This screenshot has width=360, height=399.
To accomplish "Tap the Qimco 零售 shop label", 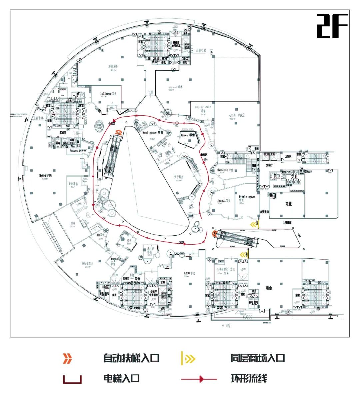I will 188,135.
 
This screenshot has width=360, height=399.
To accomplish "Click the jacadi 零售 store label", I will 224,200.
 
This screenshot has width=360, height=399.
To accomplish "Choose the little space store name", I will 247,197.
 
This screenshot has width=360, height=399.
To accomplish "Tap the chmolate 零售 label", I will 227,170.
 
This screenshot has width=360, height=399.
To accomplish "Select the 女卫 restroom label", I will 294,176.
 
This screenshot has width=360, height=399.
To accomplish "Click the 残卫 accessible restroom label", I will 273,195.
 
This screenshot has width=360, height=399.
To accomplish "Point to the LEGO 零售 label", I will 189,273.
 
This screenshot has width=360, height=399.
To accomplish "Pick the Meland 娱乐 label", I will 175,87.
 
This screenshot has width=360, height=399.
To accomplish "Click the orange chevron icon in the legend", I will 68,359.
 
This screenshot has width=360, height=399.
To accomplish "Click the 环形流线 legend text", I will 249,379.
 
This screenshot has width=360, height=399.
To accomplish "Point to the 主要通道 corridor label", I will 287,223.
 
